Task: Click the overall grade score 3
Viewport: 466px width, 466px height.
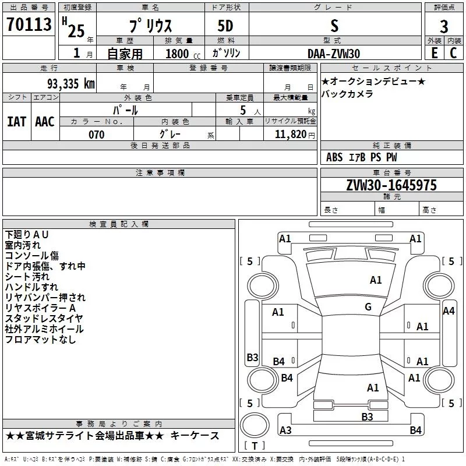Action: pos(444,26)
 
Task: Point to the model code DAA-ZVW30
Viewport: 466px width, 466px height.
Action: pos(334,54)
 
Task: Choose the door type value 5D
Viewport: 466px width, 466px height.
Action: pos(225,26)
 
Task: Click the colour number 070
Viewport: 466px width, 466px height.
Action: pos(96,135)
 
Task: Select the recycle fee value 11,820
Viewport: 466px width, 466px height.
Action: pos(290,135)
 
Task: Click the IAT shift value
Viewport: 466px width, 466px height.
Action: pos(17,121)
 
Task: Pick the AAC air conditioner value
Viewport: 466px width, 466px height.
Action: pos(45,121)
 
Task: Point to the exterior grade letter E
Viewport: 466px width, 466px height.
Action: pos(434,53)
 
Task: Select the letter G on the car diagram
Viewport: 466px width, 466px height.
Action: pos(368,307)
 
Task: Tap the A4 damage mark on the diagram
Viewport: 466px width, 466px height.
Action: pos(449,311)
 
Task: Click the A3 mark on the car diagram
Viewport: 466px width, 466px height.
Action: pos(285,430)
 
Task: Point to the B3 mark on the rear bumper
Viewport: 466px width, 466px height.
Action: pos(367,416)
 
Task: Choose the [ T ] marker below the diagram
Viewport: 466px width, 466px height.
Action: pos(254,446)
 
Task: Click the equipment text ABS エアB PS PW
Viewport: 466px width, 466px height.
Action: pos(362,157)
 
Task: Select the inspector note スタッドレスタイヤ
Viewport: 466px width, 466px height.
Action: pos(44,318)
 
